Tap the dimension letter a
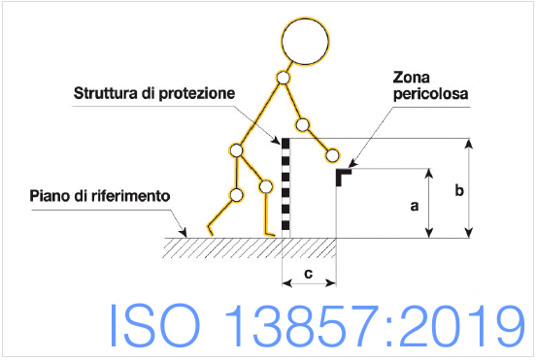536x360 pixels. (x=414, y=206)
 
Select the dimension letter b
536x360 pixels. (x=457, y=190)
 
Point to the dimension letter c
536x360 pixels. (x=308, y=274)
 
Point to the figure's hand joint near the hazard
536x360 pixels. (x=333, y=154)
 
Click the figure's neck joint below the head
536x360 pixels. (x=284, y=77)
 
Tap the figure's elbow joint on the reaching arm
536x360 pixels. (x=304, y=123)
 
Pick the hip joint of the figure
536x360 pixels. (x=236, y=150)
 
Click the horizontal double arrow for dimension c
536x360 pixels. (x=309, y=284)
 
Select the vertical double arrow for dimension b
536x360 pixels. (x=471, y=187)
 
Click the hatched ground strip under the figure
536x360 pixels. (x=223, y=248)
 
